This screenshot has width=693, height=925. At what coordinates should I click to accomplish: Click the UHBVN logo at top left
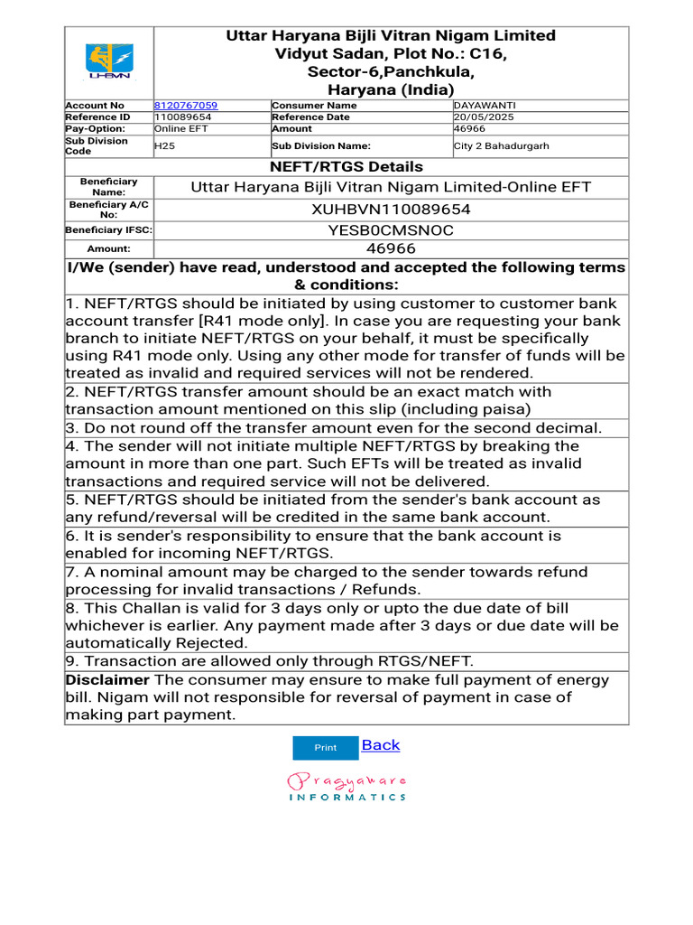108,62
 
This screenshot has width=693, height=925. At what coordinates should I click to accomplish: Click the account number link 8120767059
186,106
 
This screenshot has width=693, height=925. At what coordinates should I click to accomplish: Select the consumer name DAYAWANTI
485,106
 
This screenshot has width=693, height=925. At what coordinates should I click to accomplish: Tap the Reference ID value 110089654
183,117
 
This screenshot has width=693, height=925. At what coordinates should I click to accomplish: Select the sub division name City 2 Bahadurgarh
501,146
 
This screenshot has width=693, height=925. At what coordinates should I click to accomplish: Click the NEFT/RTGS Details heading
346,167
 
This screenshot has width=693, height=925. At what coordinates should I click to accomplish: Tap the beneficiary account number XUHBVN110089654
391,210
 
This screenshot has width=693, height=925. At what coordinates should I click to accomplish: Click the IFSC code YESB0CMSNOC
391,231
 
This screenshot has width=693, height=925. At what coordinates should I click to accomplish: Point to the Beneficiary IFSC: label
108,231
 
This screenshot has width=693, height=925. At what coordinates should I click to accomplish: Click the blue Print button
325,748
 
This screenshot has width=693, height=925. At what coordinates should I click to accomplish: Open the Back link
380,745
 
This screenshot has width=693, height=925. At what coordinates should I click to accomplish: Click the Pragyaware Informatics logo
346,786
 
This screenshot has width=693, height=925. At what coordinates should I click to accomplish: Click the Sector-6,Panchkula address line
391,72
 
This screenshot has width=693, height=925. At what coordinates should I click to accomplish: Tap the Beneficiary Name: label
108,187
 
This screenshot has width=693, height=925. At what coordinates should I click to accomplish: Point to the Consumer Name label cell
314,106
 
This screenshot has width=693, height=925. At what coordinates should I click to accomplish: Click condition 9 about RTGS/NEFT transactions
269,661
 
